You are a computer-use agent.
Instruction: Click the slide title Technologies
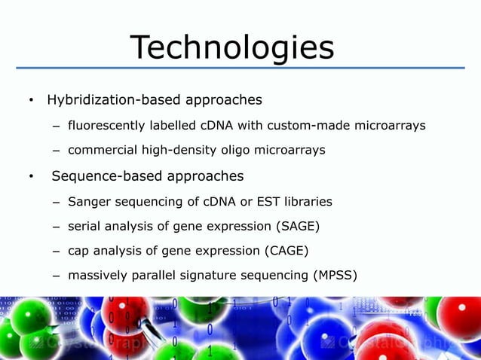click(232, 47)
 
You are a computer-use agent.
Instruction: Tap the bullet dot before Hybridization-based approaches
click(31, 100)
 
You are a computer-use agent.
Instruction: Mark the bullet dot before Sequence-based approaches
click(31, 177)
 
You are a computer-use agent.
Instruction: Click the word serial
click(82, 226)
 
